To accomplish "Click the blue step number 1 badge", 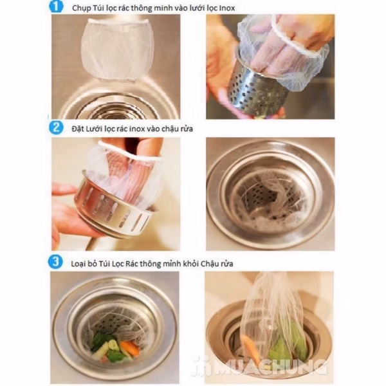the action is coord(56,6).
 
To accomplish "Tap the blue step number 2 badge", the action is coord(56,127).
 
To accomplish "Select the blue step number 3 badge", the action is coord(55,262).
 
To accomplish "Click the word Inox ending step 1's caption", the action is coord(226,8).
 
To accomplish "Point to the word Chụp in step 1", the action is coord(81,8).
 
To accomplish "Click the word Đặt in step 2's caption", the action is coord(78,129).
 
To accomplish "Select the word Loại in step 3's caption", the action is coord(78,264).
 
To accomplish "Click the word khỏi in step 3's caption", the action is coord(190,263).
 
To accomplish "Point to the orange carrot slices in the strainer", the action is coord(129,347).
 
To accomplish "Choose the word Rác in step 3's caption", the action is coord(132,263).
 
